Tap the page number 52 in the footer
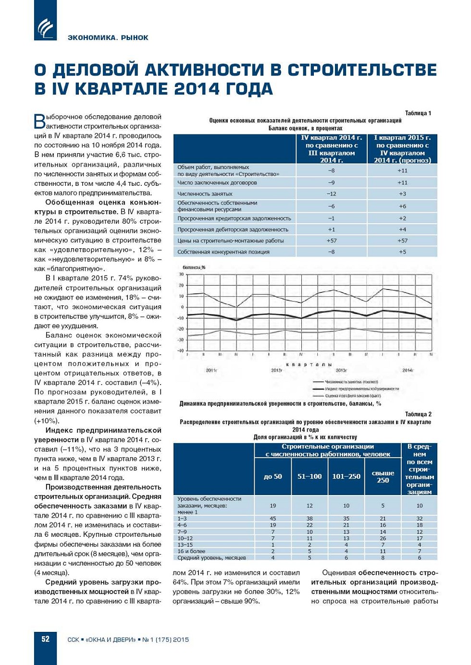pos(45,639)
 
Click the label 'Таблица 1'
pos(418,113)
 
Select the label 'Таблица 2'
pos(418,414)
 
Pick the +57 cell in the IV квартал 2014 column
pos(331,241)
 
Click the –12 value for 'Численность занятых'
pos(331,194)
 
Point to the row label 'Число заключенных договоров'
pos(217,182)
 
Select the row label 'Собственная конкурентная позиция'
pos(223,252)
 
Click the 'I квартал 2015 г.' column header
pos(402,149)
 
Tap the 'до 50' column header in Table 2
pos(273,476)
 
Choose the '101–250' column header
pos(346,476)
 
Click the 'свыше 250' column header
pos(383,476)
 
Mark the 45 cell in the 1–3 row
pos(273,519)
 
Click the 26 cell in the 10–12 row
pos(383,538)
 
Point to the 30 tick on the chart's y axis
pos(182,275)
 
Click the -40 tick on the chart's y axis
pos(181,351)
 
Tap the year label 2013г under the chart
pos(341,370)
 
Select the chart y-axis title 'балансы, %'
pos(194,267)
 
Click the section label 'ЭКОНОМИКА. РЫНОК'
pos(108,37)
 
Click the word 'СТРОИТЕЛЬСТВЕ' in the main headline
pos(362,70)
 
